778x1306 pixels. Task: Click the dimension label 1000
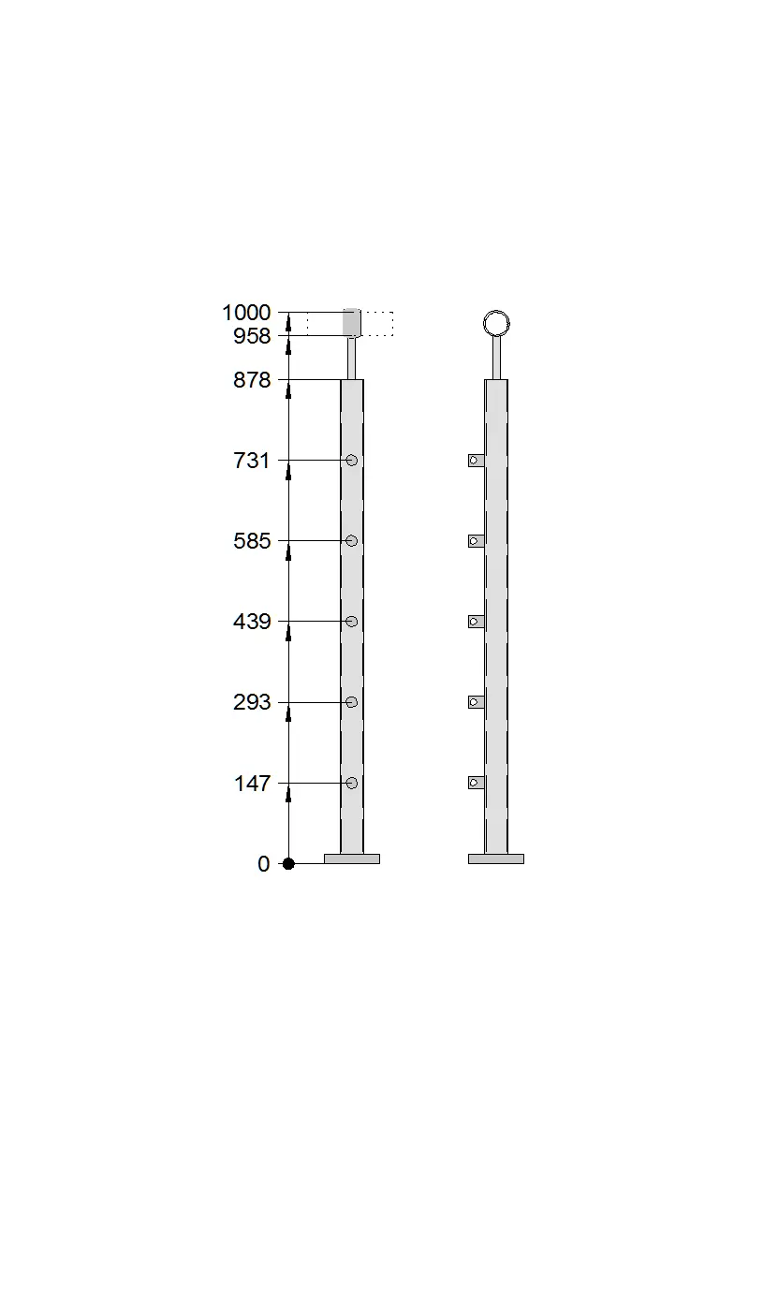[x=246, y=313]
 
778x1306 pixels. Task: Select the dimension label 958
[x=252, y=336]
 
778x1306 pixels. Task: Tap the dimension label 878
[x=252, y=380]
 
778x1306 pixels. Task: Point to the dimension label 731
[x=251, y=461]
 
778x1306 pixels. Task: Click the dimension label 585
[x=252, y=541]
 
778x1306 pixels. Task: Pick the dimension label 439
[x=252, y=622]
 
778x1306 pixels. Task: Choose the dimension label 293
[x=252, y=702]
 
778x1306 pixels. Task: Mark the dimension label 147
[x=252, y=783]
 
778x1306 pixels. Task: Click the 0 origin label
[x=264, y=863]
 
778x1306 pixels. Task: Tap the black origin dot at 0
[x=288, y=863]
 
